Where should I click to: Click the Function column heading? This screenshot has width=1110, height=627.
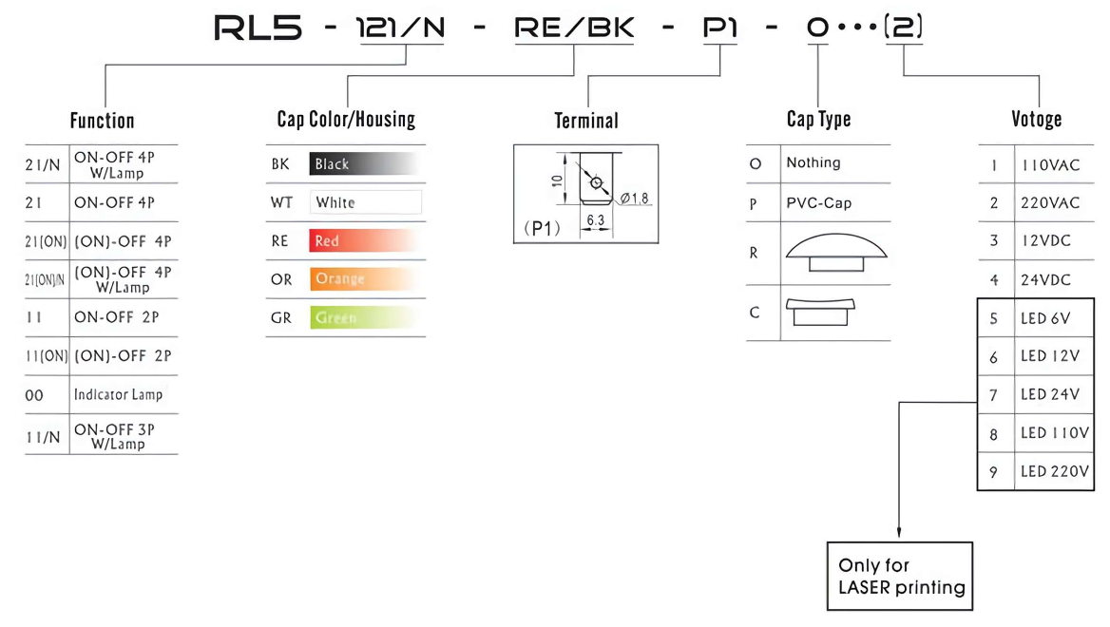pos(102,121)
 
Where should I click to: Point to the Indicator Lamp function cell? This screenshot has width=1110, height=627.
pos(118,395)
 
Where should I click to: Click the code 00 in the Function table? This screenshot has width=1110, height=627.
pos(34,395)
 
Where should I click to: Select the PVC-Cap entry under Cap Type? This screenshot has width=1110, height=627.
pos(819,203)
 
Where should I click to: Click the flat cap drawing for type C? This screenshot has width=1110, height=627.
pos(820,313)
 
